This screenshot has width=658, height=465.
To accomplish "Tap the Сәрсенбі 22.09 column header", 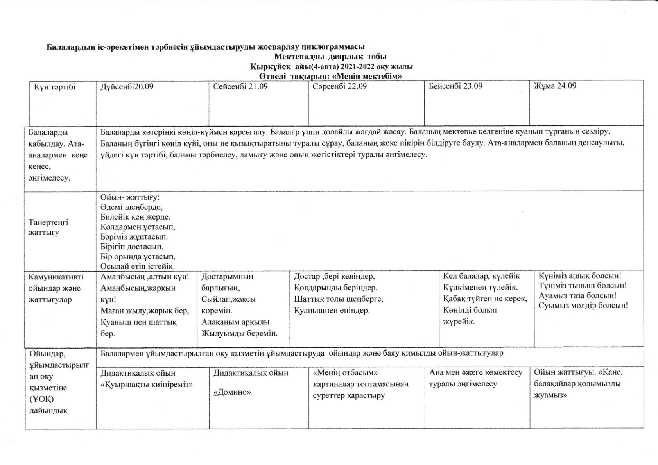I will [340, 86].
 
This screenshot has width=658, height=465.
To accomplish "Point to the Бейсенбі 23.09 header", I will [455, 86].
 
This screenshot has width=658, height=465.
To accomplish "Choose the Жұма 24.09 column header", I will [555, 86].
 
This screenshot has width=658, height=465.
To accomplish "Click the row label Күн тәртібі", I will [55, 87].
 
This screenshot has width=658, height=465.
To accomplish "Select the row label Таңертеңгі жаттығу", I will [48, 227].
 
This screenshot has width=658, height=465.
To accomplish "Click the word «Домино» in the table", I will [232, 392].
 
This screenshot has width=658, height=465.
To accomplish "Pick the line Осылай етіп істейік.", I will [138, 266].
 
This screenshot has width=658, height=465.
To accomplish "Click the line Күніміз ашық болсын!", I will [580, 276].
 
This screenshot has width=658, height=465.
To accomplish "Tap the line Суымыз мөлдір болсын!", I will [583, 306].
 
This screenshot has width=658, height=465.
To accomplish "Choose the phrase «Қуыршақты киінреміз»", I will [147, 385].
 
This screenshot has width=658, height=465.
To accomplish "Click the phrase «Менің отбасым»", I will [345, 373].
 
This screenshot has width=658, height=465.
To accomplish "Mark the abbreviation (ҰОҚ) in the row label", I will [41, 399].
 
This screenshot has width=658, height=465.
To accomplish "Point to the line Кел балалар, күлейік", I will [482, 276].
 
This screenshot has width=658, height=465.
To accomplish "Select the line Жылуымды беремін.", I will [239, 333].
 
